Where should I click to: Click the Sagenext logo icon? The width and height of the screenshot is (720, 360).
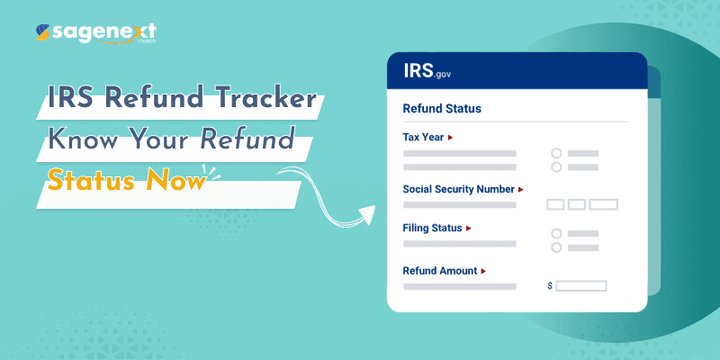tap(41, 34)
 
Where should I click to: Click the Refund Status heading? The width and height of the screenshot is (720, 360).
tap(442, 109)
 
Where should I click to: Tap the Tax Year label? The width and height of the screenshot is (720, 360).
tap(423, 138)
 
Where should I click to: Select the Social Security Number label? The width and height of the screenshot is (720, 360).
tap(458, 190)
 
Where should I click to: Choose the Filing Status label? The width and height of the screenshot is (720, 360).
tap(432, 228)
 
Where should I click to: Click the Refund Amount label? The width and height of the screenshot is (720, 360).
tap(440, 270)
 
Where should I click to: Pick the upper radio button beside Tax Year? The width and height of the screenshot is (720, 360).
tap(556, 153)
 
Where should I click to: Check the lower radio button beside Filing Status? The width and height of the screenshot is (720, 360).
tap(556, 247)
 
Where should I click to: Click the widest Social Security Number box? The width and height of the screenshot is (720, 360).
tap(603, 204)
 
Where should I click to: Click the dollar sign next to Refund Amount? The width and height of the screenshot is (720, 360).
tap(550, 286)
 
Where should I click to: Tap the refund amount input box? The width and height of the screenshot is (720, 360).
tap(580, 286)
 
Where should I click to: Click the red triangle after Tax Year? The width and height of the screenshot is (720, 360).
tap(450, 138)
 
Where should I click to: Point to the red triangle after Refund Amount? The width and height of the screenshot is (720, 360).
tap(483, 270)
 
